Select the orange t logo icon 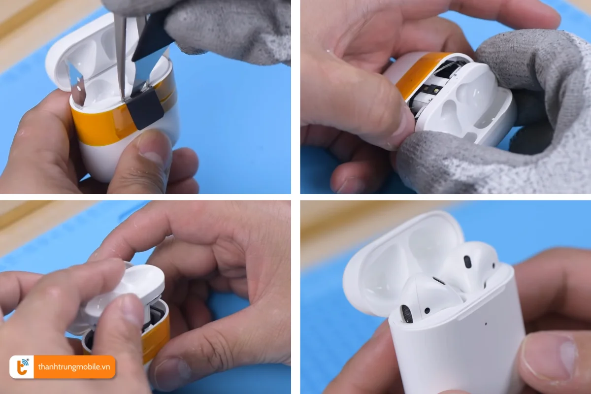tap(22, 367)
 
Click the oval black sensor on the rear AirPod tap(467, 262)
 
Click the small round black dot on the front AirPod tap(426, 310)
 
